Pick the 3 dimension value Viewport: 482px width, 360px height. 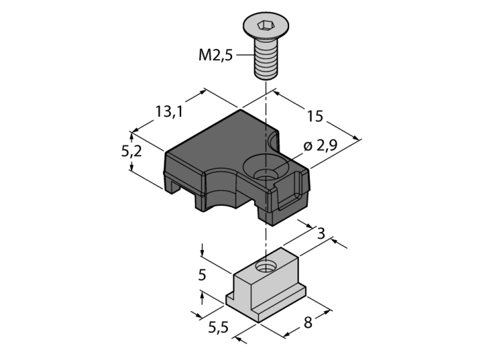[321, 233]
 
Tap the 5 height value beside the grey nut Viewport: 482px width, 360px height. [202, 275]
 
